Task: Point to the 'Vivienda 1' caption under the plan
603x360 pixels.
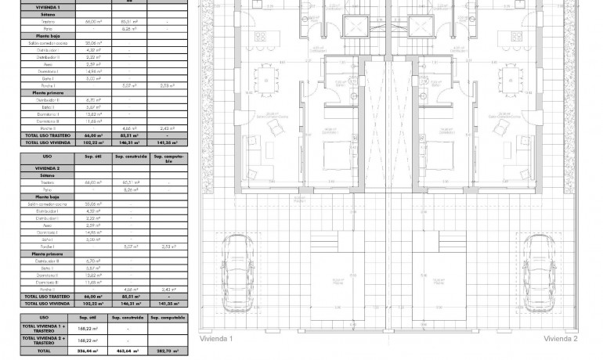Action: click(217, 339)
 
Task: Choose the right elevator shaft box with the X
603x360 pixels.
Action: click(424, 27)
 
